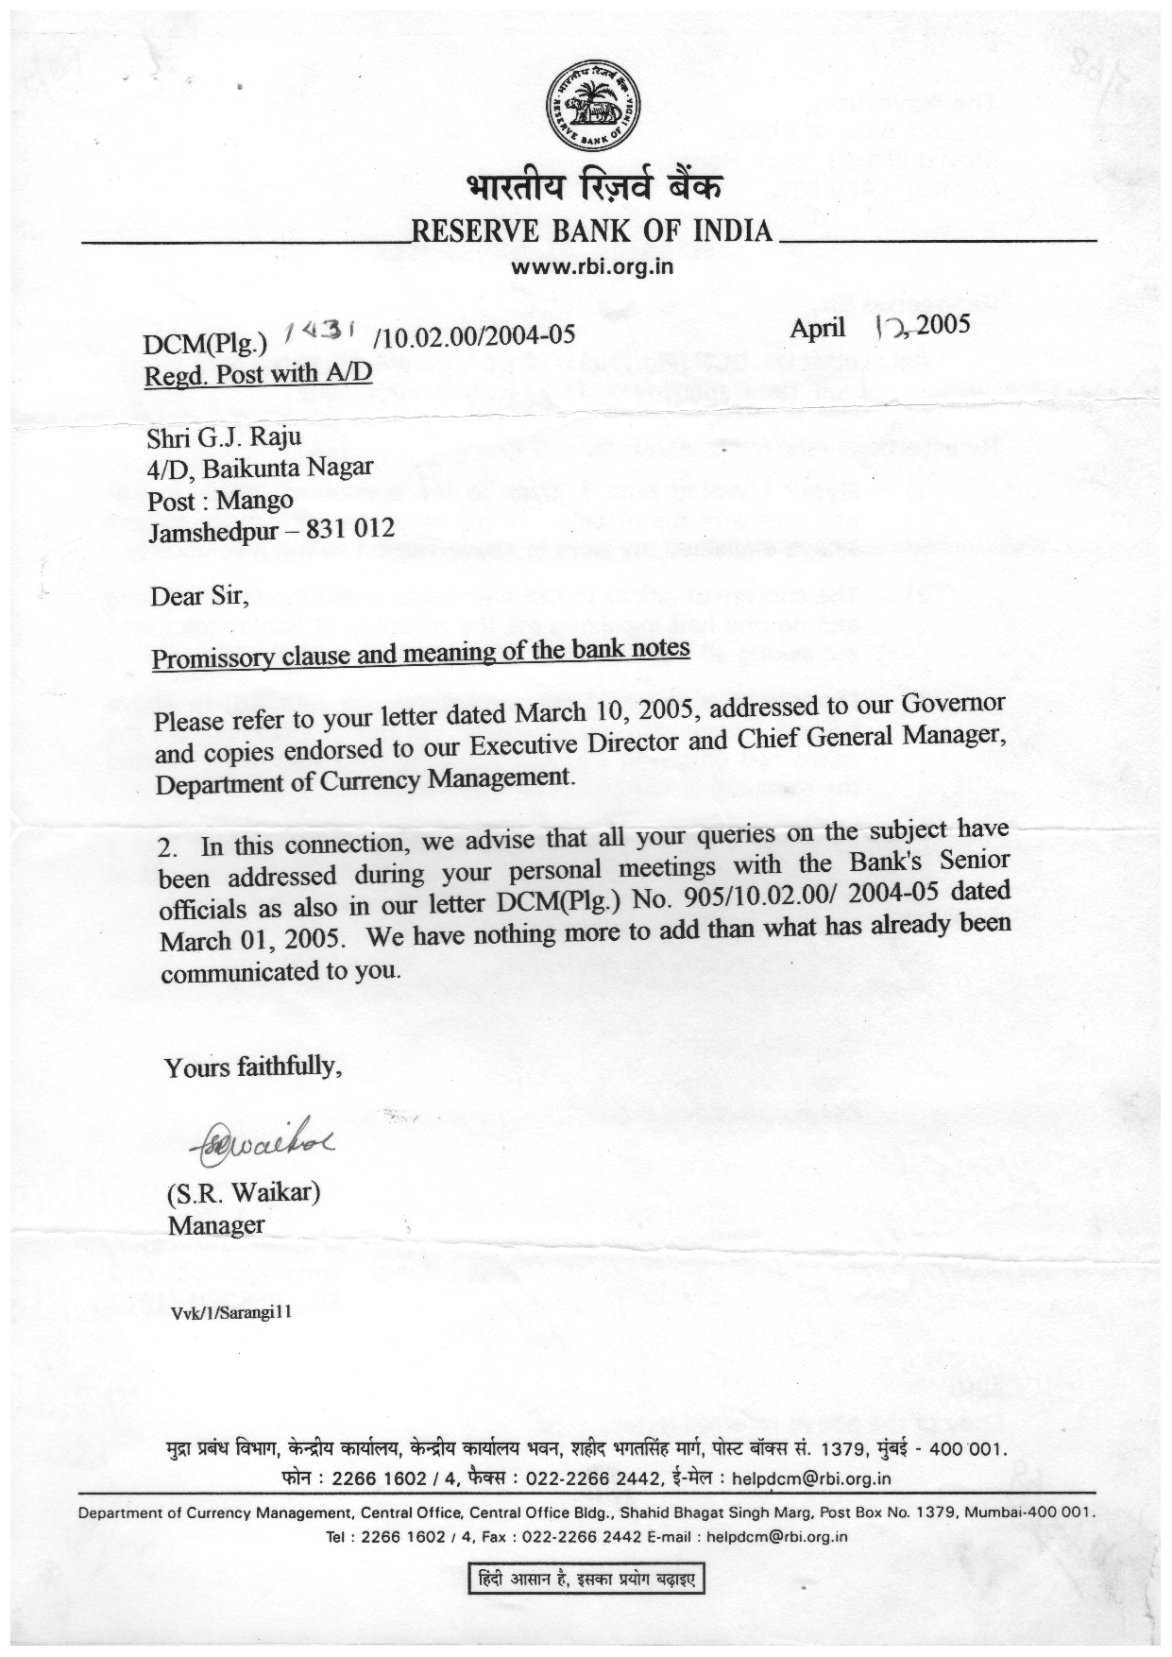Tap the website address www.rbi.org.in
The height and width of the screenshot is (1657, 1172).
591,266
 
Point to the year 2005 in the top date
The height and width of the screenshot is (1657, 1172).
943,326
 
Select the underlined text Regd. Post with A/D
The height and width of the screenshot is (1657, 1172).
258,374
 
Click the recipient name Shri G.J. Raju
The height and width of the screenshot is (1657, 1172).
225,438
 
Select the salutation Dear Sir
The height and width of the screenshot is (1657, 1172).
199,596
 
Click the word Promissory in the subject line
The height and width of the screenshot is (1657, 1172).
210,658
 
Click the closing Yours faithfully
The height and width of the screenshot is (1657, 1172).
252,1068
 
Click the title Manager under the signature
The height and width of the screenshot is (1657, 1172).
216,1225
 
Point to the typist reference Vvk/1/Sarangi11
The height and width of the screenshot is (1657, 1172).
229,1314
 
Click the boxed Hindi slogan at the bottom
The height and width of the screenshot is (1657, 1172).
587,1579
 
